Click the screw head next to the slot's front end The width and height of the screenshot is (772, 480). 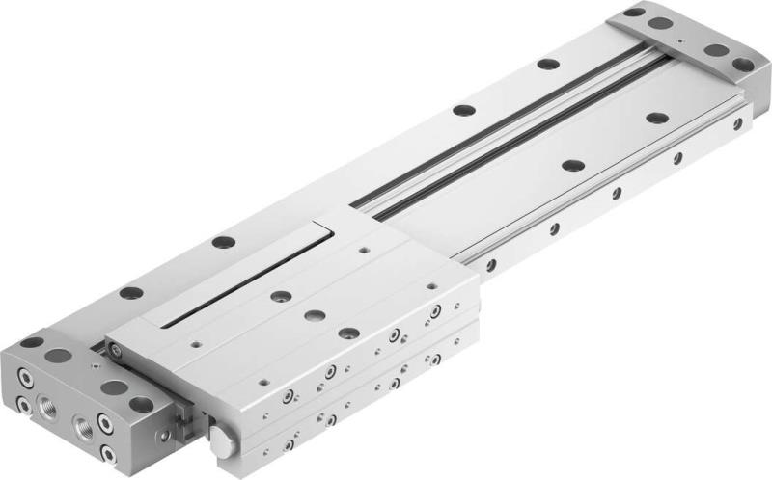[x=116, y=352]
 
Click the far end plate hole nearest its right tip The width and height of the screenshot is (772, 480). [x=742, y=65]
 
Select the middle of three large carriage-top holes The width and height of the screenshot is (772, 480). [x=314, y=315]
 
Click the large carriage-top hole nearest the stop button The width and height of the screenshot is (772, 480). [x=349, y=333]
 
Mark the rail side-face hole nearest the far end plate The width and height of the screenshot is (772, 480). [x=737, y=124]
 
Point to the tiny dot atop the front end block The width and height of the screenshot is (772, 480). [x=97, y=366]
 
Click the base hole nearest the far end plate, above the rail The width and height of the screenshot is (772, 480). [x=548, y=65]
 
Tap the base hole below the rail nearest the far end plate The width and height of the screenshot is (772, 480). [x=657, y=118]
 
